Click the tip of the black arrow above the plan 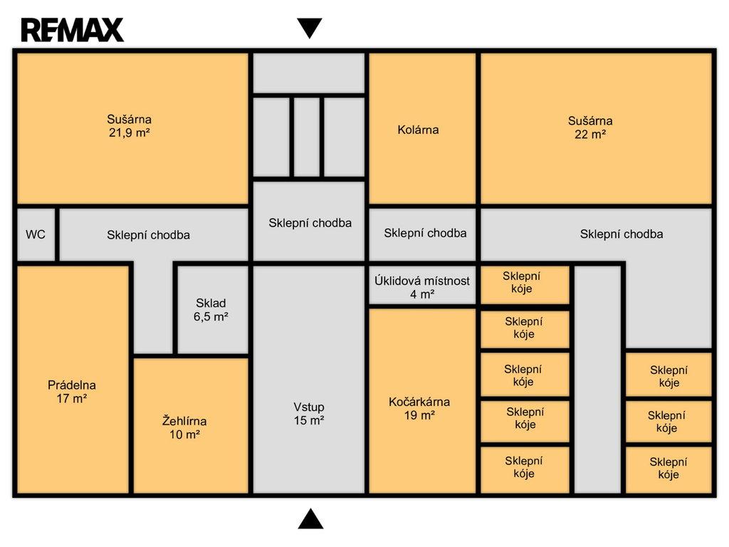pyautogui.click(x=310, y=38)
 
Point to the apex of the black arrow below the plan pyautogui.click(x=310, y=509)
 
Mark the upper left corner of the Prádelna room pyautogui.click(x=18, y=266)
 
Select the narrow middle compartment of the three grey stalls pyautogui.click(x=307, y=137)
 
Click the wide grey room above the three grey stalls pyautogui.click(x=309, y=73)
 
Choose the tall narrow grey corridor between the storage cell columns pyautogui.click(x=597, y=380)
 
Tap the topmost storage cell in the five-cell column pyautogui.click(x=525, y=285)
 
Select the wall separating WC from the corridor pyautogui.click(x=57, y=234)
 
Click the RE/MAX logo pyautogui.click(x=73, y=30)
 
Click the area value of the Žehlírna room pyautogui.click(x=184, y=434)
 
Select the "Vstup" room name pyautogui.click(x=309, y=407)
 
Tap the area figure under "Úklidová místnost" pyautogui.click(x=422, y=294)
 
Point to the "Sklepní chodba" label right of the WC pyautogui.click(x=148, y=235)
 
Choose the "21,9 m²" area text pyautogui.click(x=130, y=132)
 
